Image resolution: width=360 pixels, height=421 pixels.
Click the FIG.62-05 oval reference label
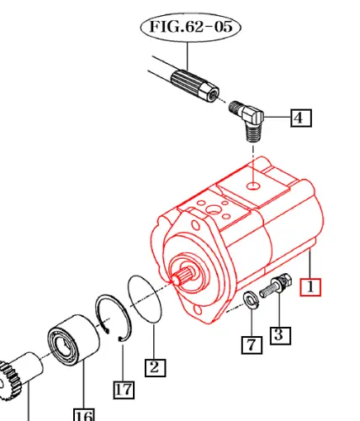point(190,27)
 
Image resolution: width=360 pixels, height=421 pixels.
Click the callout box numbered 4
point(300,118)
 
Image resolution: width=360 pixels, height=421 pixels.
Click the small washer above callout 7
point(251,301)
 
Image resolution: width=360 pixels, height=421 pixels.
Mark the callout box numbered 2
point(154,366)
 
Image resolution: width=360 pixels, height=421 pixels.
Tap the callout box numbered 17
point(124,389)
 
